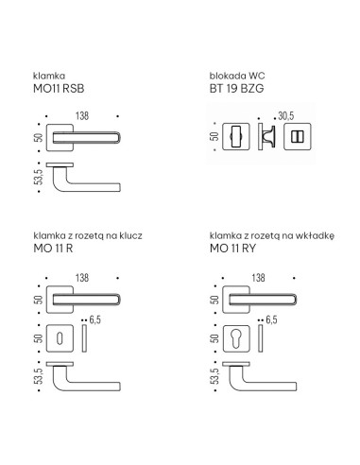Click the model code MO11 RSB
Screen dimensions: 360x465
59,89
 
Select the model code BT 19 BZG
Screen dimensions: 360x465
236,89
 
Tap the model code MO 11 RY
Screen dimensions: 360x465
232,249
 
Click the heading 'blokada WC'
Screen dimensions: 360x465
237,76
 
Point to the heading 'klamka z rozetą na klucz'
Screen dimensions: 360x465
88,235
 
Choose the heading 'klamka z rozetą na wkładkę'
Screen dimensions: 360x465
272,235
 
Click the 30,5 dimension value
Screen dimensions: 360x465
286,116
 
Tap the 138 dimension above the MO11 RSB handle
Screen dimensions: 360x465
82,116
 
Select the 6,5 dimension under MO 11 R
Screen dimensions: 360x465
95,319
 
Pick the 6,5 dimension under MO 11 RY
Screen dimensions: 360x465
271,319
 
